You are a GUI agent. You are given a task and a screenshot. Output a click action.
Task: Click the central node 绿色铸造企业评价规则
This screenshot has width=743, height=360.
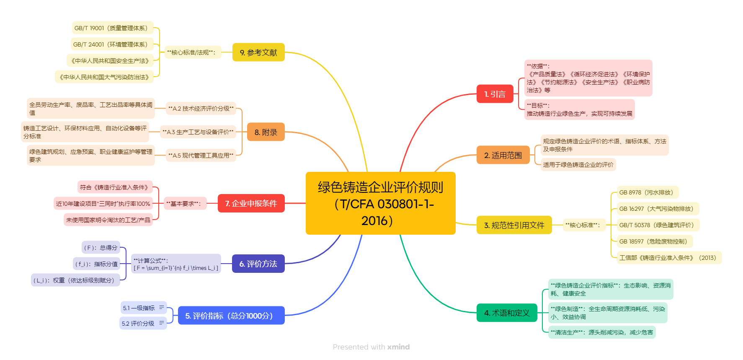tap(380, 203)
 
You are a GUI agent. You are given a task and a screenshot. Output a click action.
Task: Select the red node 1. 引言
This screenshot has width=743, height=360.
tap(495, 94)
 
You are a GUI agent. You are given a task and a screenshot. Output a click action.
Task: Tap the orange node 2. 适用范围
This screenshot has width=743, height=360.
tap(503, 155)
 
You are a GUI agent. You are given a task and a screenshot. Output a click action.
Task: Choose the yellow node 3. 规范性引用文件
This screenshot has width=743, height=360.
tap(514, 225)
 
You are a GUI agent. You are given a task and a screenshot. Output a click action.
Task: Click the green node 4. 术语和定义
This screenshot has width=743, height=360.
tap(507, 313)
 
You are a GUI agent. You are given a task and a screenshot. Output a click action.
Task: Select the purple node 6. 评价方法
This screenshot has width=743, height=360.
tap(258, 264)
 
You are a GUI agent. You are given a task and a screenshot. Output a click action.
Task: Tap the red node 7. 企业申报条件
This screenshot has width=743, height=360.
tap(251, 203)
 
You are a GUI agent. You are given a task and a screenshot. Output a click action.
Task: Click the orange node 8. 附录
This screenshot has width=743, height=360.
tap(266, 132)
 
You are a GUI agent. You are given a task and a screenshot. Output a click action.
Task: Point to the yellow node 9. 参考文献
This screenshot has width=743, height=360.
tap(258, 52)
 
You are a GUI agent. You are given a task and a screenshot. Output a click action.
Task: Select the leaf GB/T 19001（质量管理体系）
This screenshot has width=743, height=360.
tap(112, 28)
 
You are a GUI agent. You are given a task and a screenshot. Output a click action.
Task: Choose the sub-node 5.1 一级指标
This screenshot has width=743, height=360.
tap(139, 308)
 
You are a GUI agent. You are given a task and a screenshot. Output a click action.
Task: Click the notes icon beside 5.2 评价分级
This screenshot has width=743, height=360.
tap(162, 323)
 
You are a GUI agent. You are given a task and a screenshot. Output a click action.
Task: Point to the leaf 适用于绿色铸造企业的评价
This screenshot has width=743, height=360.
tap(578, 165)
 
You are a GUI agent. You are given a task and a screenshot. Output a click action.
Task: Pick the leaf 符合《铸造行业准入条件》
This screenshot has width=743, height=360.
tap(115, 187)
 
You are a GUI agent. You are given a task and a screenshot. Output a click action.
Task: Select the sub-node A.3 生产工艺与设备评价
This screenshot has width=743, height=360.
tap(198, 132)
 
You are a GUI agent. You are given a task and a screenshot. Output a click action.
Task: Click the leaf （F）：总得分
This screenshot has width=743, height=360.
tap(101, 248)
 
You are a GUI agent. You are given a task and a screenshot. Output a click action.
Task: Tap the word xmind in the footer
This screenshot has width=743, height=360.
tap(398, 347)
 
